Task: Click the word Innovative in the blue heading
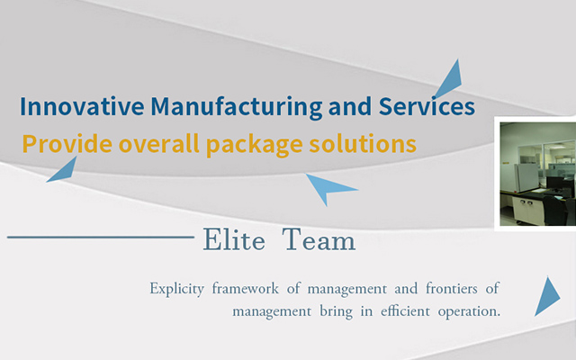pos(82,106)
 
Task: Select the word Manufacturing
pos(237,107)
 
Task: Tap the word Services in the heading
pos(427,106)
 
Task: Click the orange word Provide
pos(67,144)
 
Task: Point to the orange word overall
pos(158,144)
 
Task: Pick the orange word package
pos(254,145)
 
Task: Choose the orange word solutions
pos(363,144)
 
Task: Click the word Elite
pos(234,239)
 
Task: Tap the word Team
pos(319,239)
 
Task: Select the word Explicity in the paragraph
pos(176,289)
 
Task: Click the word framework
pos(246,288)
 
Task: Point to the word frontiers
pos(452,288)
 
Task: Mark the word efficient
pos(405,311)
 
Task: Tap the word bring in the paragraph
pos(336,312)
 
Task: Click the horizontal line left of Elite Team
pos(101,238)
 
